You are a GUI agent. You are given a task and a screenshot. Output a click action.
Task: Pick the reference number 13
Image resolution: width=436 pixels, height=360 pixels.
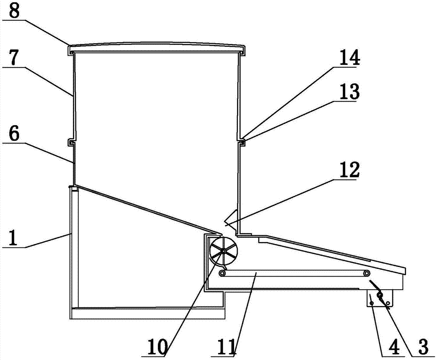(x=350, y=93)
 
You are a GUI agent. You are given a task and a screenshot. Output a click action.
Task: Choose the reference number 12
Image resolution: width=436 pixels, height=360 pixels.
(x=350, y=171)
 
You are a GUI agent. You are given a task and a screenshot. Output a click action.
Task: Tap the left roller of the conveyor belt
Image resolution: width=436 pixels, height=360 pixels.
(x=222, y=273)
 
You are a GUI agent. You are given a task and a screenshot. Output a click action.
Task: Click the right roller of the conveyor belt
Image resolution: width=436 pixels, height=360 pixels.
(x=368, y=273)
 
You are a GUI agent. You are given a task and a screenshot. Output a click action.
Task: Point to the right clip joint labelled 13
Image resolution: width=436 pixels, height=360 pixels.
(x=241, y=141)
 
